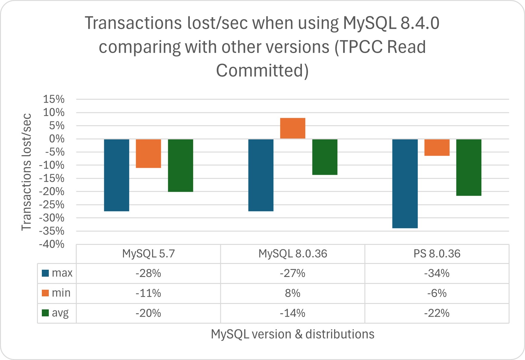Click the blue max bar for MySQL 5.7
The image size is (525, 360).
coord(116,175)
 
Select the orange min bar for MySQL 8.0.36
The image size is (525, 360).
coord(293,128)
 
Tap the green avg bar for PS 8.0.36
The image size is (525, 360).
coord(469,167)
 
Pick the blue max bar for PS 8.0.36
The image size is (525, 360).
coord(405,183)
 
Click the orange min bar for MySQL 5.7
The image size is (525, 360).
coord(148,153)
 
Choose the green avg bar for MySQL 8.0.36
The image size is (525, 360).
coord(325,157)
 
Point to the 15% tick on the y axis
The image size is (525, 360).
coord(54,99)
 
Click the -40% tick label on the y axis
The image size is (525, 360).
coord(52,244)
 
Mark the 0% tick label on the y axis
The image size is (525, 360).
coord(56,139)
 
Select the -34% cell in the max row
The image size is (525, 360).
coord(436,273)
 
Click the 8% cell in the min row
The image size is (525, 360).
coord(293,293)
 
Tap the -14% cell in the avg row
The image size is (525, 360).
coord(293,313)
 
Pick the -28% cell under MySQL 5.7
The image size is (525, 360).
coord(148,273)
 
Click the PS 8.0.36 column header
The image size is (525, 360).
coord(436,254)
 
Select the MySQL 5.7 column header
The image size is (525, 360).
coord(148,254)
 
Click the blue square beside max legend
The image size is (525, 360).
coord(45,273)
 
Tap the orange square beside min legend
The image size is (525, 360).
coord(45,293)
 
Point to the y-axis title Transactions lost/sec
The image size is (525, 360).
coord(27,172)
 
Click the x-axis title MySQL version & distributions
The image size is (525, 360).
coord(293,334)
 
